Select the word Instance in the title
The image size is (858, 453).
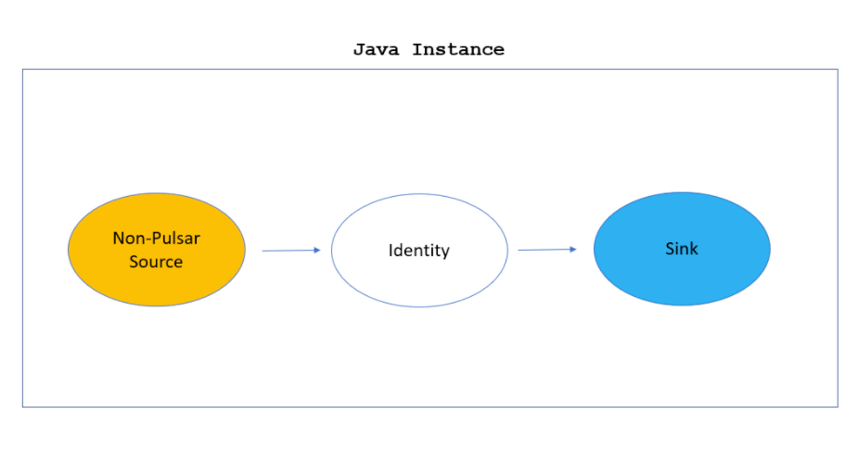(x=458, y=50)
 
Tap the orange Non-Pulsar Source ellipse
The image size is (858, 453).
(x=157, y=278)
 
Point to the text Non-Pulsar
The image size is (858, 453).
(x=156, y=239)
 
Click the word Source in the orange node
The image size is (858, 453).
(x=156, y=262)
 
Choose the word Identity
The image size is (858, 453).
(x=418, y=251)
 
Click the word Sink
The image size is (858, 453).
(x=682, y=249)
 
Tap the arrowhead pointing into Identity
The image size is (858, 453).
(x=316, y=250)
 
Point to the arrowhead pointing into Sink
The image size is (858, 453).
(x=572, y=249)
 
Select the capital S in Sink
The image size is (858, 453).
(x=670, y=249)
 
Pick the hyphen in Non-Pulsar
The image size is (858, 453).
(x=148, y=239)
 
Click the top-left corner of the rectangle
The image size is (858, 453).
(x=22, y=70)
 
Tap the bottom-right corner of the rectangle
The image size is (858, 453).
(x=838, y=407)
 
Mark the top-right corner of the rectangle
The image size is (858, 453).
(x=838, y=70)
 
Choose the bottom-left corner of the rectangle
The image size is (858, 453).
(x=22, y=407)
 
